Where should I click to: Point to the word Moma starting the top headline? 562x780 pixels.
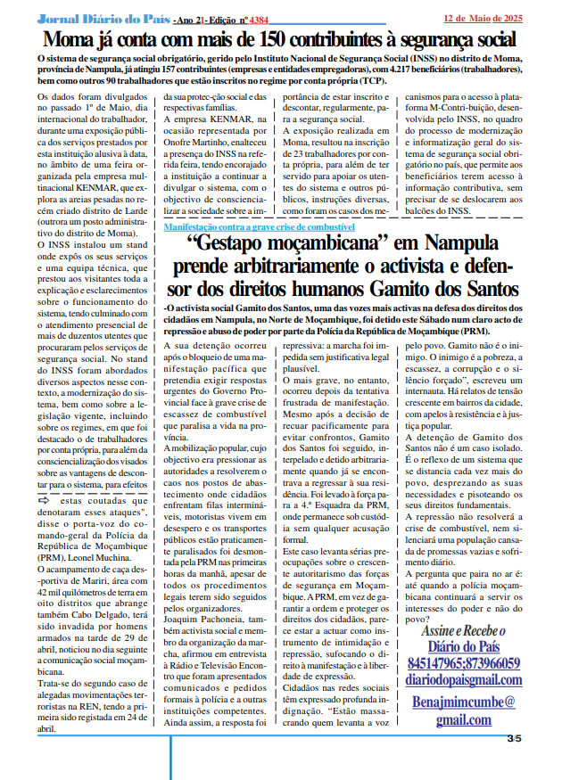[72, 40]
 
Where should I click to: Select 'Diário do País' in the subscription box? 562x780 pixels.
[464, 646]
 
